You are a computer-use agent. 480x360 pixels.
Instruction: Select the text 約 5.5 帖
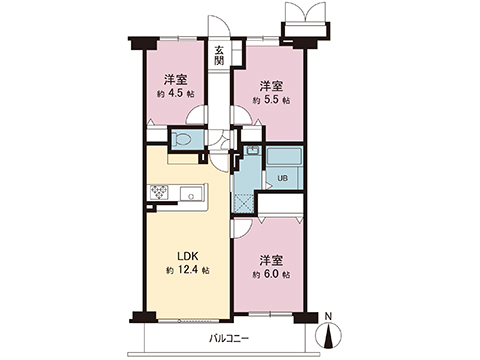(x=270, y=101)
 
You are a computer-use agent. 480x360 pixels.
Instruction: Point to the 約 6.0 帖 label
(x=271, y=273)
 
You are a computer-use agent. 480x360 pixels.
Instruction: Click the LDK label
(x=187, y=254)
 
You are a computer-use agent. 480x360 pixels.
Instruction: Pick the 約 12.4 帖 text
(x=187, y=271)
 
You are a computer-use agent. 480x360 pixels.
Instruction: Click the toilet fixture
(x=182, y=140)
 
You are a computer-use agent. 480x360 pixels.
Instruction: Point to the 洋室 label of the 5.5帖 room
(x=270, y=85)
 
